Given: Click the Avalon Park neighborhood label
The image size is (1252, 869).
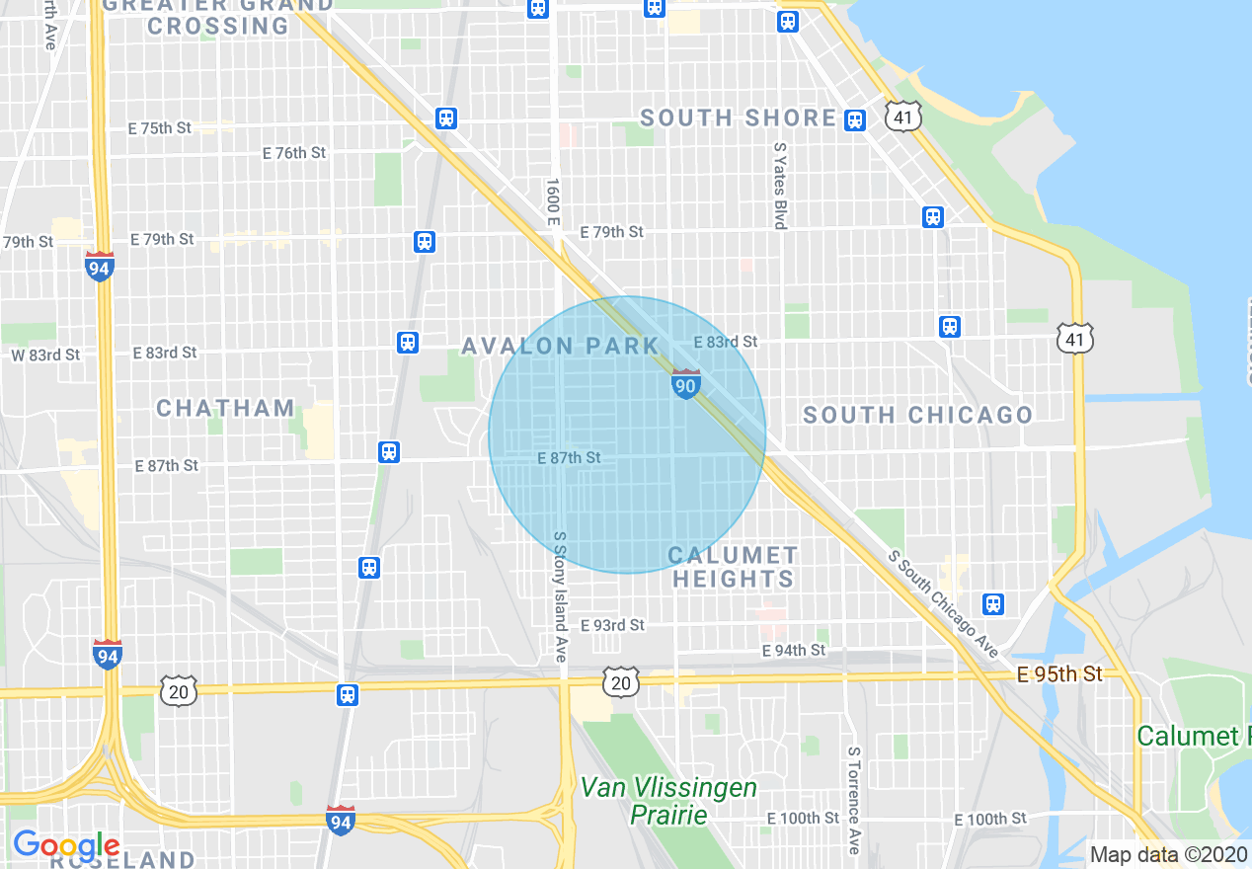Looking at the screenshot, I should pos(560,346).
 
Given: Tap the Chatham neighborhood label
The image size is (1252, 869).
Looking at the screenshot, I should pos(225,408).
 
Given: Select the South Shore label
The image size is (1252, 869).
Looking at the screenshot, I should pos(739,118).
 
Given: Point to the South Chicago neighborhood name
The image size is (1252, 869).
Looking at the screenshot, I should pos(917,415).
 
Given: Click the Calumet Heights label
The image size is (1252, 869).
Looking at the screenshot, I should pos(733,567).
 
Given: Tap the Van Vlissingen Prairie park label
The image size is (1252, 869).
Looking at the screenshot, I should pos(668,801).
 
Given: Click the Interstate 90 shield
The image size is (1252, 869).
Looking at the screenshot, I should pos(685,384).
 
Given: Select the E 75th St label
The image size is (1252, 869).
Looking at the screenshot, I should pos(160,128).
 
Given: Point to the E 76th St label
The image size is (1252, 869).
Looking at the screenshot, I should pos(294,153).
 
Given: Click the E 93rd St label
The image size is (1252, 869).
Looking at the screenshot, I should pos(612,625).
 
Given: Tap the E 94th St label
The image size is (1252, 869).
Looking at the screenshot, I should pos(794,650).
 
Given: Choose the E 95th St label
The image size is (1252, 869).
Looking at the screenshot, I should pos(1059,674).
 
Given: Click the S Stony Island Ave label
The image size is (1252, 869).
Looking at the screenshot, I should pos(560,582).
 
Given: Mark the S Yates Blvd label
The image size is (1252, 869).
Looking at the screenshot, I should pos(780,185).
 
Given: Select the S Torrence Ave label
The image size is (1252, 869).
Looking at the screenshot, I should pos(853,800).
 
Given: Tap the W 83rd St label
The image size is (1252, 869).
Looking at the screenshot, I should pos(45,355).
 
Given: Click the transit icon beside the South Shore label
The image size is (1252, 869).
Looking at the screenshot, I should pos(855,119).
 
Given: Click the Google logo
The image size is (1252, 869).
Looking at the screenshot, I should pos(66,845).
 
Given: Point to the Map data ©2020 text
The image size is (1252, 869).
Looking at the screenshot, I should pos(1169,854).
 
